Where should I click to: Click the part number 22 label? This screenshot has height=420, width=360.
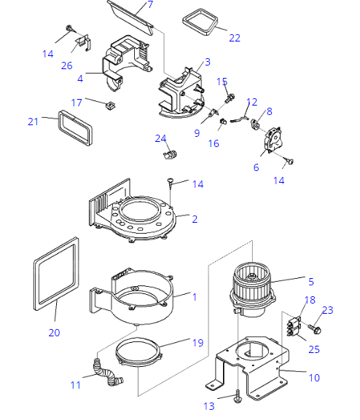pyautogui.click(x=235, y=38)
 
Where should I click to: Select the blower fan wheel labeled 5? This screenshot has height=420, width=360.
pyautogui.click(x=253, y=289)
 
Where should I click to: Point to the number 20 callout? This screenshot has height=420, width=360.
pyautogui.click(x=54, y=333)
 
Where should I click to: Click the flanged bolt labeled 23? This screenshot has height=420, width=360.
pyautogui.click(x=315, y=329)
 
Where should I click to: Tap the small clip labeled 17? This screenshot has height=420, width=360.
pyautogui.click(x=110, y=106)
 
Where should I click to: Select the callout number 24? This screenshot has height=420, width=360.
pyautogui.click(x=160, y=138)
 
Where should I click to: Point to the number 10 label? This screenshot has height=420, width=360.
pyautogui.click(x=314, y=378)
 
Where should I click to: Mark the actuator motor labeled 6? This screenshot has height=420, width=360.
pyautogui.click(x=273, y=140)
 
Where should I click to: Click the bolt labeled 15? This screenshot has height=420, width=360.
pyautogui.click(x=230, y=98)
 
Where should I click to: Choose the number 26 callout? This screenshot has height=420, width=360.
pyautogui.click(x=67, y=66)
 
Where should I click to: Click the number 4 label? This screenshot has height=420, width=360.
pyautogui.click(x=80, y=79)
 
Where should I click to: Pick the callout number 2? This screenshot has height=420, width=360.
pyautogui.click(x=195, y=219)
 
